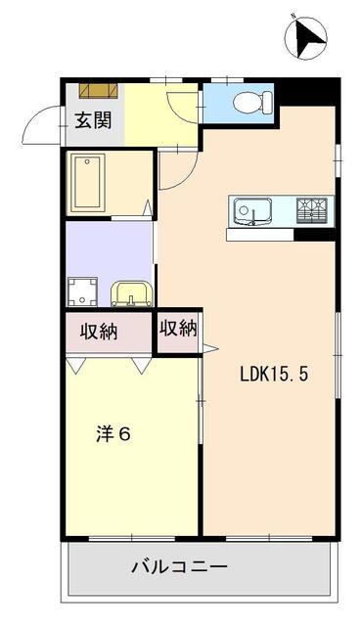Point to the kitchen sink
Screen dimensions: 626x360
click(253, 210)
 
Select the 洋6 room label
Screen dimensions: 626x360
click(112, 434)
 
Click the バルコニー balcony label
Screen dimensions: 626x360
click(178, 566)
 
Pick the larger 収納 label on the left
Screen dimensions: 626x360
click(99, 332)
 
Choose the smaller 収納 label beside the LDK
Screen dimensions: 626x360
click(179, 329)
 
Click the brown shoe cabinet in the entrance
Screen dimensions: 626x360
click(98, 91)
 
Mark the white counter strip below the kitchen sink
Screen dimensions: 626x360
click(260, 235)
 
